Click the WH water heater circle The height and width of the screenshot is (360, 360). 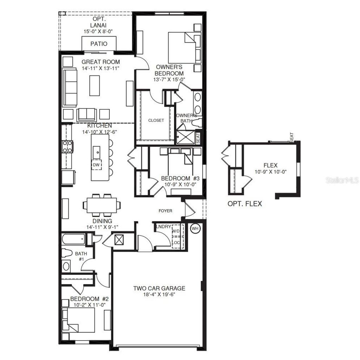pos(195,229)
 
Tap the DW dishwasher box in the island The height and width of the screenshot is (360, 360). pos(96,164)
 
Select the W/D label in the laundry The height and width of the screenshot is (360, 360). pos(176,231)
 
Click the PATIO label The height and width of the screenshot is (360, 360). pos(99,44)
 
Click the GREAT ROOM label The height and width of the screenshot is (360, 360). pos(101,62)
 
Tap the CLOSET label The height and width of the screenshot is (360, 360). pos(156,120)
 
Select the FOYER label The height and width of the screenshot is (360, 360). pos(165,211)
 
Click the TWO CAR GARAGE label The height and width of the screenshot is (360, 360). pos(159,289)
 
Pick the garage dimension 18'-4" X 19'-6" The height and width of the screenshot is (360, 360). pos(159,295)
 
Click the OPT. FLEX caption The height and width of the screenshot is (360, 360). pos(245,204)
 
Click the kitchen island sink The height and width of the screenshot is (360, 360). pos(96,152)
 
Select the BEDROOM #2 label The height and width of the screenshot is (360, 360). pos(89,299)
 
